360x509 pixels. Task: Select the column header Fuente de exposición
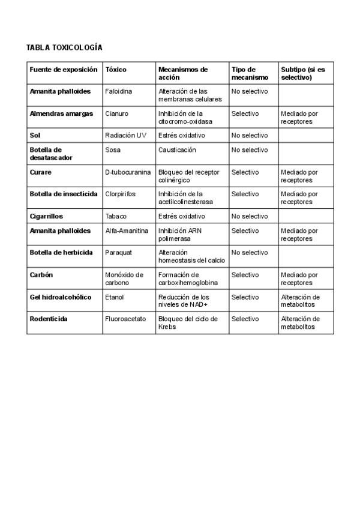pyautogui.click(x=64, y=70)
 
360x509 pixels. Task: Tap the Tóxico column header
pyautogui.click(x=116, y=70)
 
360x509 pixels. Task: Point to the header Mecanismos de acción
pyautogui.click(x=182, y=73)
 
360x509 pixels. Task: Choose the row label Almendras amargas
pyautogui.click(x=61, y=113)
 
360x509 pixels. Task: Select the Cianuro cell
pyautogui.click(x=116, y=113)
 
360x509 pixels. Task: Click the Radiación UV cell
pyautogui.click(x=125, y=136)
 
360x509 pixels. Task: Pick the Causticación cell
pyautogui.click(x=177, y=150)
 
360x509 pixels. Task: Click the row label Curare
pyautogui.click(x=41, y=172)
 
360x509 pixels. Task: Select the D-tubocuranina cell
pyautogui.click(x=128, y=172)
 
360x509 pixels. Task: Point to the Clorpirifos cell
pyautogui.click(x=120, y=194)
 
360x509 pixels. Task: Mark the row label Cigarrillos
pyautogui.click(x=46, y=216)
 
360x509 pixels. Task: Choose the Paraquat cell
pyautogui.click(x=118, y=253)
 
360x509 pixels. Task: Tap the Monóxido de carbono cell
pyautogui.click(x=124, y=279)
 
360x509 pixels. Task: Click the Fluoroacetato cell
pyautogui.click(x=125, y=319)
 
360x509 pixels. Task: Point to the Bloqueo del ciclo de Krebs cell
pyautogui.click(x=188, y=322)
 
